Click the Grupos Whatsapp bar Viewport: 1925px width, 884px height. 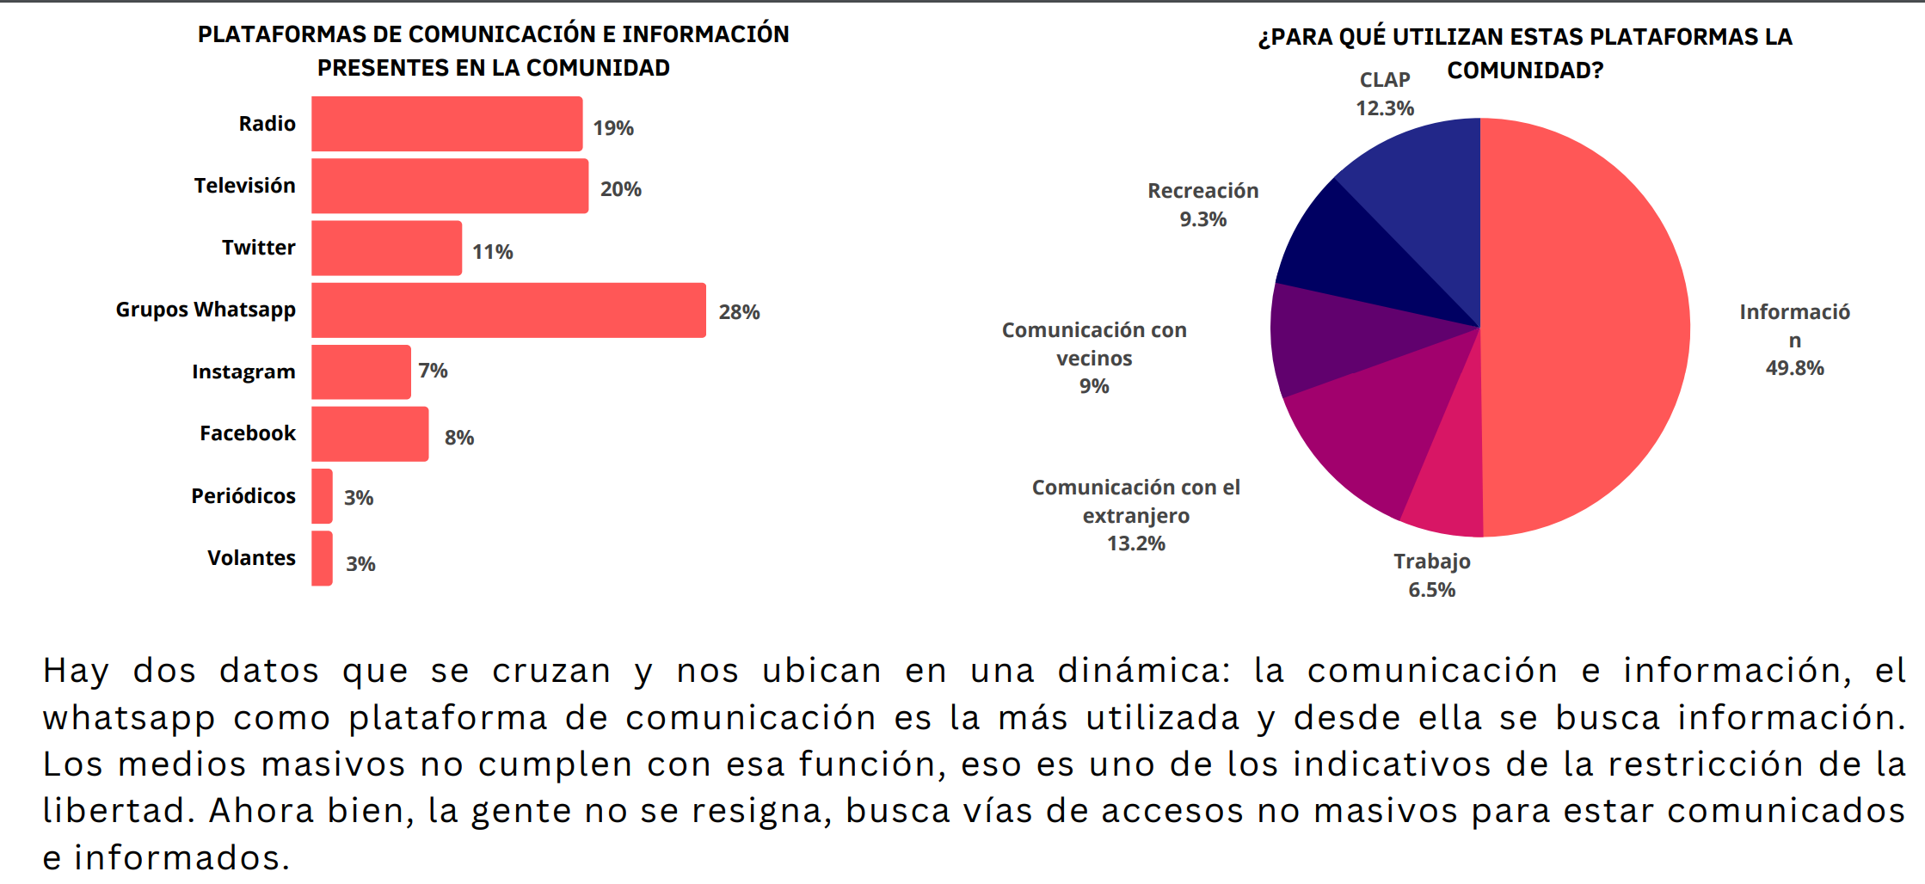(508, 310)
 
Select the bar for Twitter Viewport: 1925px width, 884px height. (386, 249)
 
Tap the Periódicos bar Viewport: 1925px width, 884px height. (322, 496)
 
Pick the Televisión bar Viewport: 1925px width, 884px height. (450, 186)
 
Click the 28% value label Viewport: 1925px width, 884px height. (739, 312)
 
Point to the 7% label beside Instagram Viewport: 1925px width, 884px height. (433, 371)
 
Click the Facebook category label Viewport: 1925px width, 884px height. (248, 433)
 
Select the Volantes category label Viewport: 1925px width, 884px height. (251, 558)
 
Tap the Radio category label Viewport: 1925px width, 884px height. (267, 124)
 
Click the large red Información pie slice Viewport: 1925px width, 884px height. (1583, 327)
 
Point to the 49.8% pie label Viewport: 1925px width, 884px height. (1794, 368)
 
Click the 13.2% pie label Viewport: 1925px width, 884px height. (1135, 543)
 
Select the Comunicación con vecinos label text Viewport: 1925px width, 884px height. (1094, 344)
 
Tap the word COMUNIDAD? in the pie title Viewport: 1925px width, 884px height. (1525, 71)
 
